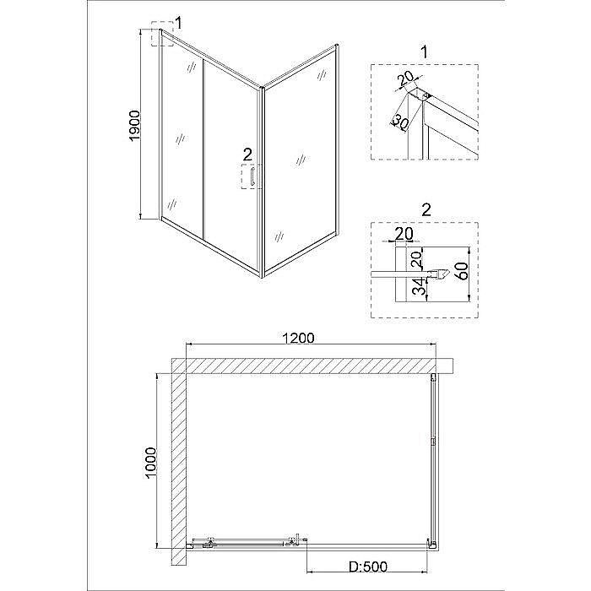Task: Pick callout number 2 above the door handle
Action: click(247, 154)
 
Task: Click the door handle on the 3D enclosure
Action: click(252, 177)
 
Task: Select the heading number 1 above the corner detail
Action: click(425, 53)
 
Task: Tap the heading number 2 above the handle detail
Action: click(425, 208)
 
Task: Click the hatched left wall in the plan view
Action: click(179, 464)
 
